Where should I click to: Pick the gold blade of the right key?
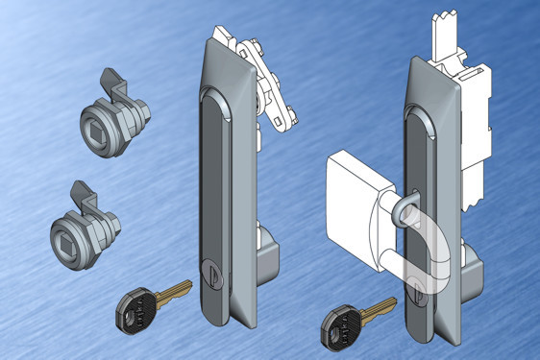click(x=379, y=304)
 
